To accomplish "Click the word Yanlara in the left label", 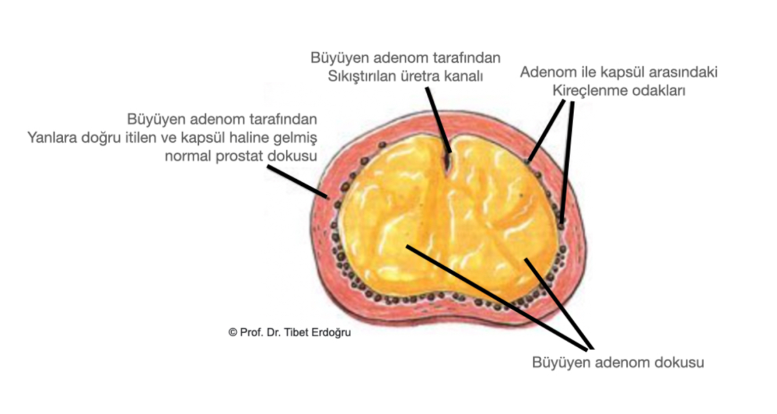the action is [52, 138].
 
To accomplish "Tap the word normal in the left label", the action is [188, 156].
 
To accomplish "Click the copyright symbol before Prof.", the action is [232, 333].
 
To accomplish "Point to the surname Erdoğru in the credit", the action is [331, 333].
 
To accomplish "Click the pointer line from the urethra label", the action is [439, 120].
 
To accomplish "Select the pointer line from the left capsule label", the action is [297, 182].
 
